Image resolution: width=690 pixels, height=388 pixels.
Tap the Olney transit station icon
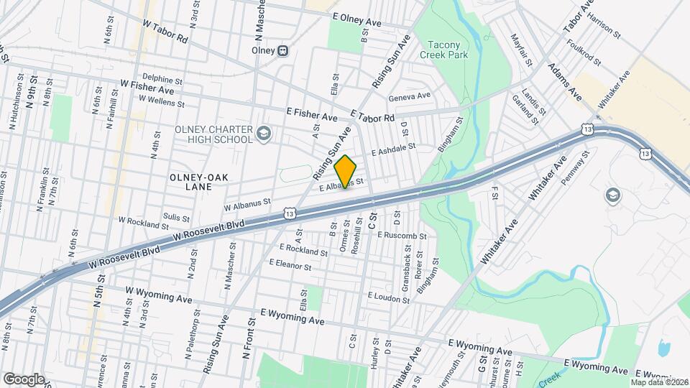pos(283,50)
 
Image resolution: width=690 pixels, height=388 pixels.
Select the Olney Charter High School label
pos(214,134)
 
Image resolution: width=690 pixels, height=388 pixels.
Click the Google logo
pos(23,379)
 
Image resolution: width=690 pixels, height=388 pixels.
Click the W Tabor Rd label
pos(165,32)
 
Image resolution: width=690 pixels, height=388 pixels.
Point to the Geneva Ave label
pos(409,96)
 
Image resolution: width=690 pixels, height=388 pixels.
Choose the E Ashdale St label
pos(394,149)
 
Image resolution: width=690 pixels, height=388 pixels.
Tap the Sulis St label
pos(176,217)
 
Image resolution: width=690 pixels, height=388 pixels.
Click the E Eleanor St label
pos(290,264)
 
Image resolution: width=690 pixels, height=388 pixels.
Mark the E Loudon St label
pos(388,295)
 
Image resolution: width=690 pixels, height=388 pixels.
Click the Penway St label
pos(575,166)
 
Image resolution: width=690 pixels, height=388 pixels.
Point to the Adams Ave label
pos(564,81)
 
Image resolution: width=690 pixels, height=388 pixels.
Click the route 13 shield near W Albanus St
pos(290,213)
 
